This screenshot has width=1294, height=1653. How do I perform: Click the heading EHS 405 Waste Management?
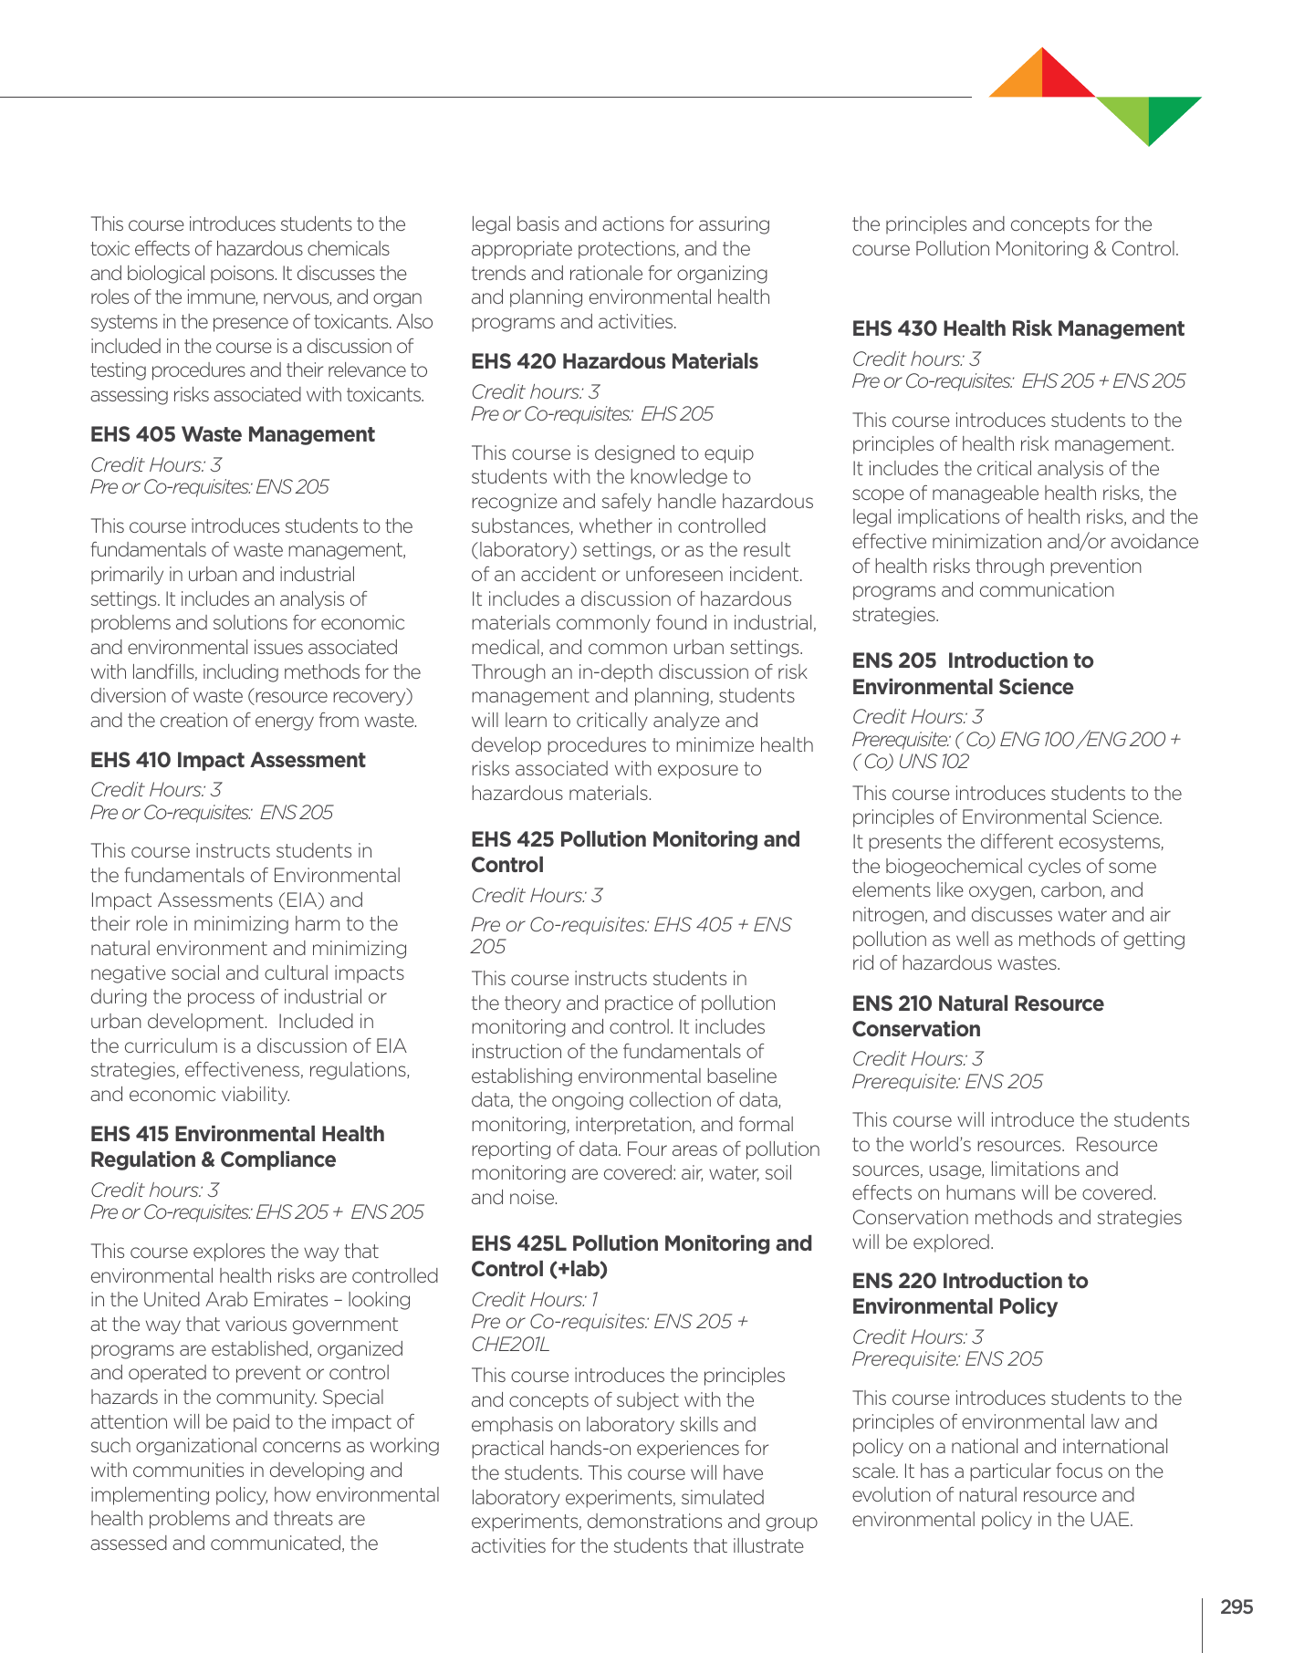pyautogui.click(x=232, y=434)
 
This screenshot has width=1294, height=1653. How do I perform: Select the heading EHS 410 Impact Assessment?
pyautogui.click(x=227, y=760)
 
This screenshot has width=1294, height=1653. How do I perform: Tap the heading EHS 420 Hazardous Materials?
pyautogui.click(x=614, y=361)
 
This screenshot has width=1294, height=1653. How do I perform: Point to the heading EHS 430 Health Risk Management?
pyautogui.click(x=1017, y=328)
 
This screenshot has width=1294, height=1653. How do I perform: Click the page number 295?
pyautogui.click(x=1237, y=1606)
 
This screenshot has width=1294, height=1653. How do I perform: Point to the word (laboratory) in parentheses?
pyautogui.click(x=524, y=550)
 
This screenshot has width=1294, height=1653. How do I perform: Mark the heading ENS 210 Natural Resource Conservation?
pyautogui.click(x=977, y=1016)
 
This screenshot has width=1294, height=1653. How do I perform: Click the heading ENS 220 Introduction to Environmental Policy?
pyautogui.click(x=969, y=1294)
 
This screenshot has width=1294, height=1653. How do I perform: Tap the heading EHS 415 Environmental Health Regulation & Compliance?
pyautogui.click(x=237, y=1147)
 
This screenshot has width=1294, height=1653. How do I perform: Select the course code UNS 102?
pyautogui.click(x=931, y=762)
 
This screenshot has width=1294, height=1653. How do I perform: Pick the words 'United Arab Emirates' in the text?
pyautogui.click(x=235, y=1299)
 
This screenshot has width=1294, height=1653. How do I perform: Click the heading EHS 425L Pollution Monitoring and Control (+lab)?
pyautogui.click(x=641, y=1256)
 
